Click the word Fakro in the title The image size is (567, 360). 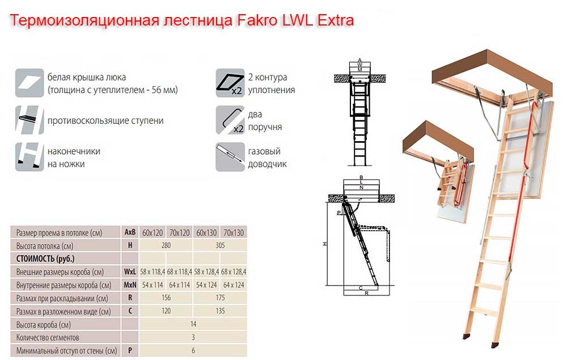257,20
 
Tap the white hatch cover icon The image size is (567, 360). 29,83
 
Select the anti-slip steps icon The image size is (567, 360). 29,120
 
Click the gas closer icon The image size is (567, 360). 230,157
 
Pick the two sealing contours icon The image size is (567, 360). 230,83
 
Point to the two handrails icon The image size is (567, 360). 230,120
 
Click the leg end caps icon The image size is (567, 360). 29,157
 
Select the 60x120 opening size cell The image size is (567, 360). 152,232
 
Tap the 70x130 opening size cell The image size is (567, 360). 234,232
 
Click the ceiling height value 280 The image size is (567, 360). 166,245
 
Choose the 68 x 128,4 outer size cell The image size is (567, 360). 234,272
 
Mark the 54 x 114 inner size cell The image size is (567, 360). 152,285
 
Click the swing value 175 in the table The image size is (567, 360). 220,298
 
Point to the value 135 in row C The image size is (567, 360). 220,311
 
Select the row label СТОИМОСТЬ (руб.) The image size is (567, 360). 45,259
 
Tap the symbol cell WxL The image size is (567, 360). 130,272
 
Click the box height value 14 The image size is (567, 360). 193,324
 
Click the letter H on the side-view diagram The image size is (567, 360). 325,244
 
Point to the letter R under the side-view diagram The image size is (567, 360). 366,294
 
